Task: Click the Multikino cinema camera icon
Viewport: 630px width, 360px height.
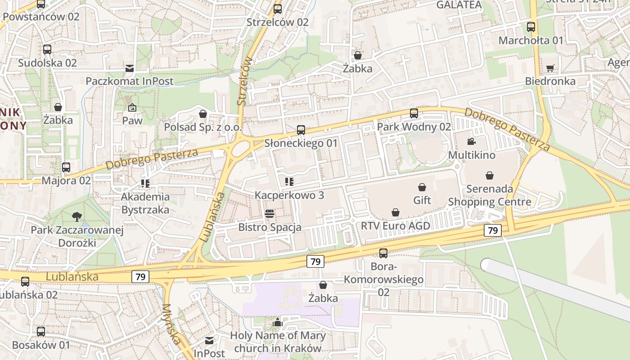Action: coord(471,142)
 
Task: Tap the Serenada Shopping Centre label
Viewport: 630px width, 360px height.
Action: coord(490,195)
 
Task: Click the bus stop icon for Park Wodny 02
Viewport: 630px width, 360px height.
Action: coord(414,113)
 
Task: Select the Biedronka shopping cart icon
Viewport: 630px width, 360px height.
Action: coord(550,68)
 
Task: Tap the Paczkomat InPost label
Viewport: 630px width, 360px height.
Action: coord(130,81)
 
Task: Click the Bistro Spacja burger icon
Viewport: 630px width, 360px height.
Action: coord(270,214)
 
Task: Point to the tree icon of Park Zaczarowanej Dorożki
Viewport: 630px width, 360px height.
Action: coord(77,216)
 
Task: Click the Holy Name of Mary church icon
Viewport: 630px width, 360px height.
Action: coord(278,322)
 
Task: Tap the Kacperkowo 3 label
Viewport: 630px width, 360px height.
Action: coord(289,195)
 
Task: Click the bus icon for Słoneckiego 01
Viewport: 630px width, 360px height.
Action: coord(301,130)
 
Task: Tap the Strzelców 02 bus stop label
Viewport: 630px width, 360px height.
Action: coord(278,22)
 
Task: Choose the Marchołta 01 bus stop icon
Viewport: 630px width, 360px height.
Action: coord(531,27)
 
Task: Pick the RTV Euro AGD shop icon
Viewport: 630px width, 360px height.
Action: coord(396,212)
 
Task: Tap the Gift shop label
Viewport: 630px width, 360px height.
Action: coord(422,200)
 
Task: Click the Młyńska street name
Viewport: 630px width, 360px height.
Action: coord(173,324)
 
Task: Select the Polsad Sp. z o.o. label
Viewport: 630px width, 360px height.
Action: coord(203,127)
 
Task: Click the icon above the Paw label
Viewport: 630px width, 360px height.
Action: coord(132,108)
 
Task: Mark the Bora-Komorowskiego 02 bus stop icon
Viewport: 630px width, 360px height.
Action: coord(383,253)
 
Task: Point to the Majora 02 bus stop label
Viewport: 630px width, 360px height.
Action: coord(66,180)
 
